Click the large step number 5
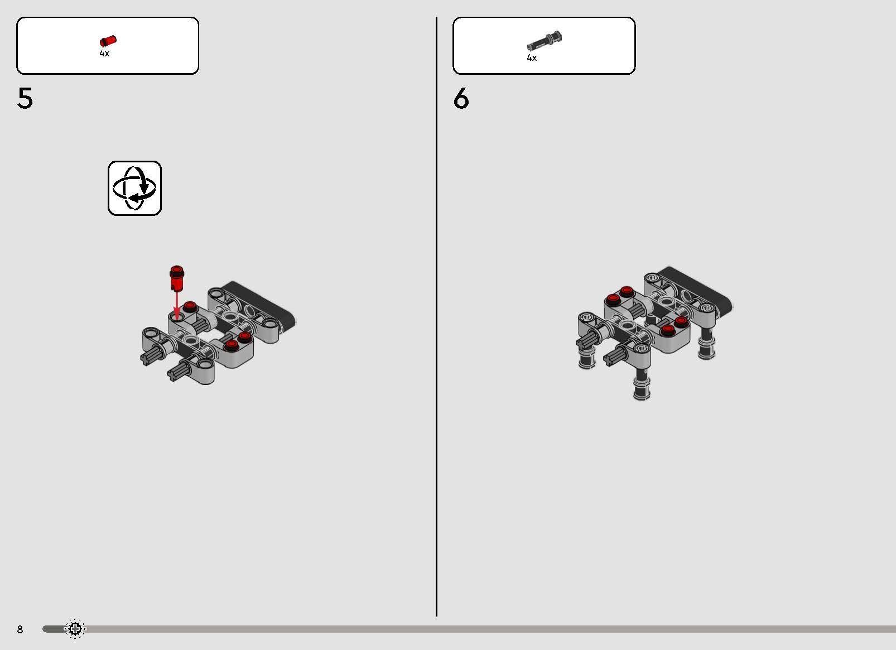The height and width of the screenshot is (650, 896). (25, 98)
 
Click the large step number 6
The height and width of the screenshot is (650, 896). (461, 98)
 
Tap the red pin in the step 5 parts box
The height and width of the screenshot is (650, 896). (108, 41)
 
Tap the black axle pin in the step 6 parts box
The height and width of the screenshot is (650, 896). (544, 41)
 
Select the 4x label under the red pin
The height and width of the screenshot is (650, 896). (104, 53)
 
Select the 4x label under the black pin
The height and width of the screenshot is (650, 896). (532, 58)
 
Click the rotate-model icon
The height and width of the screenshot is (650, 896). (135, 189)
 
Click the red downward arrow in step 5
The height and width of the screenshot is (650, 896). (176, 306)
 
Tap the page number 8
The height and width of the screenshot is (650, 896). (20, 629)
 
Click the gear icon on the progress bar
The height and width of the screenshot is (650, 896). (75, 629)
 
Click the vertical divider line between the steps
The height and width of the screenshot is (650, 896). (436, 316)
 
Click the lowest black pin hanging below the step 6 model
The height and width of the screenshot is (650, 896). (642, 384)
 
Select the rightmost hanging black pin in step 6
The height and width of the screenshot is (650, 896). (707, 344)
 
